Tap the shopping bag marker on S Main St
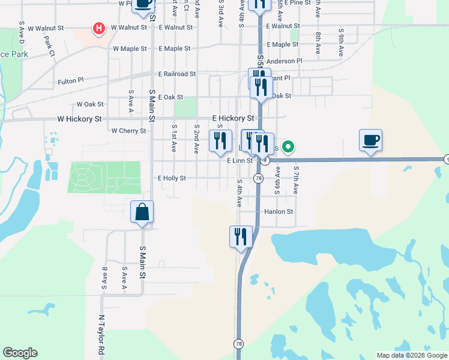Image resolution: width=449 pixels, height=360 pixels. [x=142, y=212]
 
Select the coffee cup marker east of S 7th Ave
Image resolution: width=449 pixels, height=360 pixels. [x=370, y=141]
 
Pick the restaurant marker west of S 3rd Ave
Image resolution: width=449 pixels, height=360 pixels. [x=220, y=142]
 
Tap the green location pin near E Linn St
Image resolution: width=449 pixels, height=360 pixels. [x=288, y=146]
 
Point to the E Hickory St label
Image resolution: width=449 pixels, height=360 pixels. [x=233, y=119]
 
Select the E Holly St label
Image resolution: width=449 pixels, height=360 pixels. [x=172, y=178]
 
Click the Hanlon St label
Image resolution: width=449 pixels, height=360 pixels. [x=279, y=212]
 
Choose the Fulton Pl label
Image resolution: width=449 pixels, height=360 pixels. [x=71, y=81]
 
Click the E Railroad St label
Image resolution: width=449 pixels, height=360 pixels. [x=177, y=74]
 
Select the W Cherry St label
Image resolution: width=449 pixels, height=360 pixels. [x=129, y=131]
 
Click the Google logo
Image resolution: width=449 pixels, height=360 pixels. [x=20, y=353]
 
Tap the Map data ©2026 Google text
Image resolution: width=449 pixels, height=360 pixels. [x=412, y=355]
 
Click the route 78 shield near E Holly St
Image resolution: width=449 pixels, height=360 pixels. [x=258, y=178]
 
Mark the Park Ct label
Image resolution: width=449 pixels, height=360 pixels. [x=49, y=44]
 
